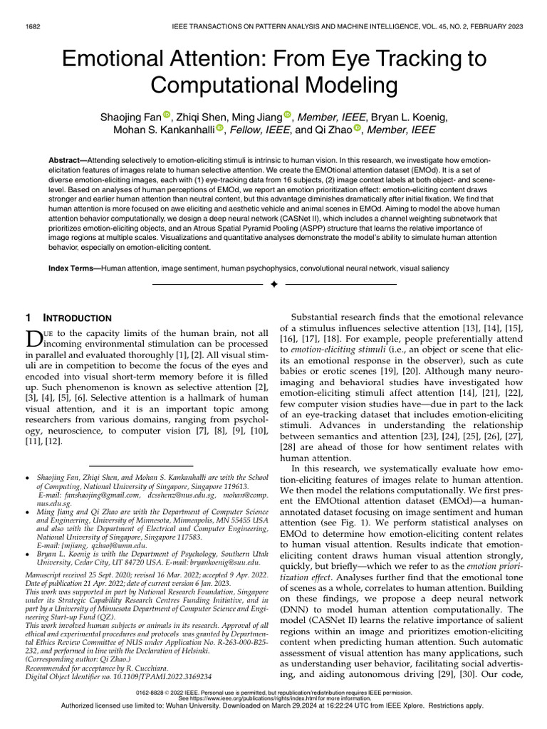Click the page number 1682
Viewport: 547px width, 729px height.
point(32,26)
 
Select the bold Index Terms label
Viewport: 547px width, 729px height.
point(73,268)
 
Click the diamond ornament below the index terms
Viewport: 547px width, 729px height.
point(273,285)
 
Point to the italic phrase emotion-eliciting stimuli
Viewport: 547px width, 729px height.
point(342,351)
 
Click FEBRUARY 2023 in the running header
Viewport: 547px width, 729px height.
point(494,26)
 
